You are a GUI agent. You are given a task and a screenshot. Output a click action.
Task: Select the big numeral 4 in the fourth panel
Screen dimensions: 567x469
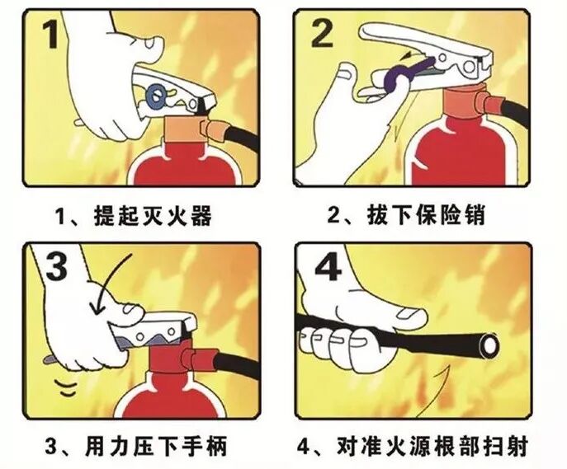(x=328, y=266)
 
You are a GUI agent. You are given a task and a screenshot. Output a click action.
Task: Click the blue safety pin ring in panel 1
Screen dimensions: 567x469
(x=156, y=96)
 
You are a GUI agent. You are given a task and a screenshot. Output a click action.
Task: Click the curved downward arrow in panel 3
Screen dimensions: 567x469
(x=111, y=282)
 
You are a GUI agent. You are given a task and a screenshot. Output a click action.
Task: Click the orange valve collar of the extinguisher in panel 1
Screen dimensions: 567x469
(x=184, y=129)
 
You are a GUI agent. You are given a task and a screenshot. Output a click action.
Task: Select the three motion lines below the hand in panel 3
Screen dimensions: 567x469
(x=66, y=387)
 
